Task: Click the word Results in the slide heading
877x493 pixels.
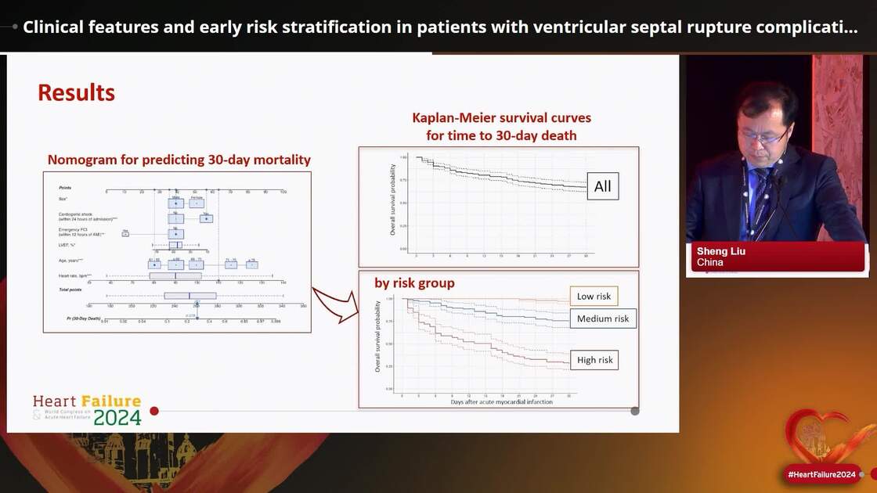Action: click(x=76, y=93)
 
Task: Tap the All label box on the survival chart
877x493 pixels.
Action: click(x=603, y=186)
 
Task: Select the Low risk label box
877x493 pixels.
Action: click(x=594, y=296)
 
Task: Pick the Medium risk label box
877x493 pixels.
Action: click(x=603, y=318)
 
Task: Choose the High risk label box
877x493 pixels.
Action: click(x=595, y=360)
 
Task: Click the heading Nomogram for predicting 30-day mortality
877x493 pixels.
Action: click(x=179, y=160)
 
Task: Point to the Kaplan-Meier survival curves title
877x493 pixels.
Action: click(x=502, y=118)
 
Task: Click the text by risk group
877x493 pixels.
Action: click(x=414, y=282)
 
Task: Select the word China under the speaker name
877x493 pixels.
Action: click(x=710, y=262)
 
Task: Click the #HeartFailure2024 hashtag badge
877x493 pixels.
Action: click(x=821, y=474)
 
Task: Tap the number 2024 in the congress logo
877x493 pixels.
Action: click(x=117, y=418)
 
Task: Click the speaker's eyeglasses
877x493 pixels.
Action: click(x=762, y=137)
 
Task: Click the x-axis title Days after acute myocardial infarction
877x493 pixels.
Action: click(x=502, y=402)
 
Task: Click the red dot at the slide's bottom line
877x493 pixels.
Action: click(x=154, y=411)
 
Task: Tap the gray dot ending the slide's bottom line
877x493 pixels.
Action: click(x=635, y=411)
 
